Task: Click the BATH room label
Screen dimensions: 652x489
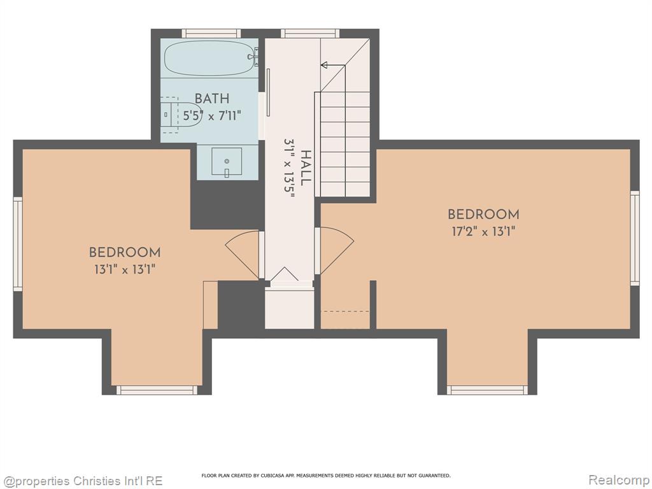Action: coord(212,99)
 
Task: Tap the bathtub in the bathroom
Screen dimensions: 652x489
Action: coord(211,58)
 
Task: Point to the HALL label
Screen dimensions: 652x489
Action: coord(306,168)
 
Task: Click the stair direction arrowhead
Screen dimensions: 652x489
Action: coord(324,65)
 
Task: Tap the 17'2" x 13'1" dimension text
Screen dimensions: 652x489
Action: coord(484,231)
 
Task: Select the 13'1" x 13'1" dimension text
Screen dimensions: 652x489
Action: coord(125,269)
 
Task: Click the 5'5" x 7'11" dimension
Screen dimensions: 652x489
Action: coord(212,115)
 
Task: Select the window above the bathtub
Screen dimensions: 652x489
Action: coord(211,33)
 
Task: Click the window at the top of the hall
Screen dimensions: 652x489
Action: coord(310,33)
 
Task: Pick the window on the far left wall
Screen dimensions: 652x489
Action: coord(18,244)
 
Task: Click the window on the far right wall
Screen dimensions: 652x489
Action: coord(635,238)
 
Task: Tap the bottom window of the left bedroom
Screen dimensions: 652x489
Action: coord(157,390)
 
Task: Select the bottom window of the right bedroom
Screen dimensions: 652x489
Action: coord(487,390)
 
